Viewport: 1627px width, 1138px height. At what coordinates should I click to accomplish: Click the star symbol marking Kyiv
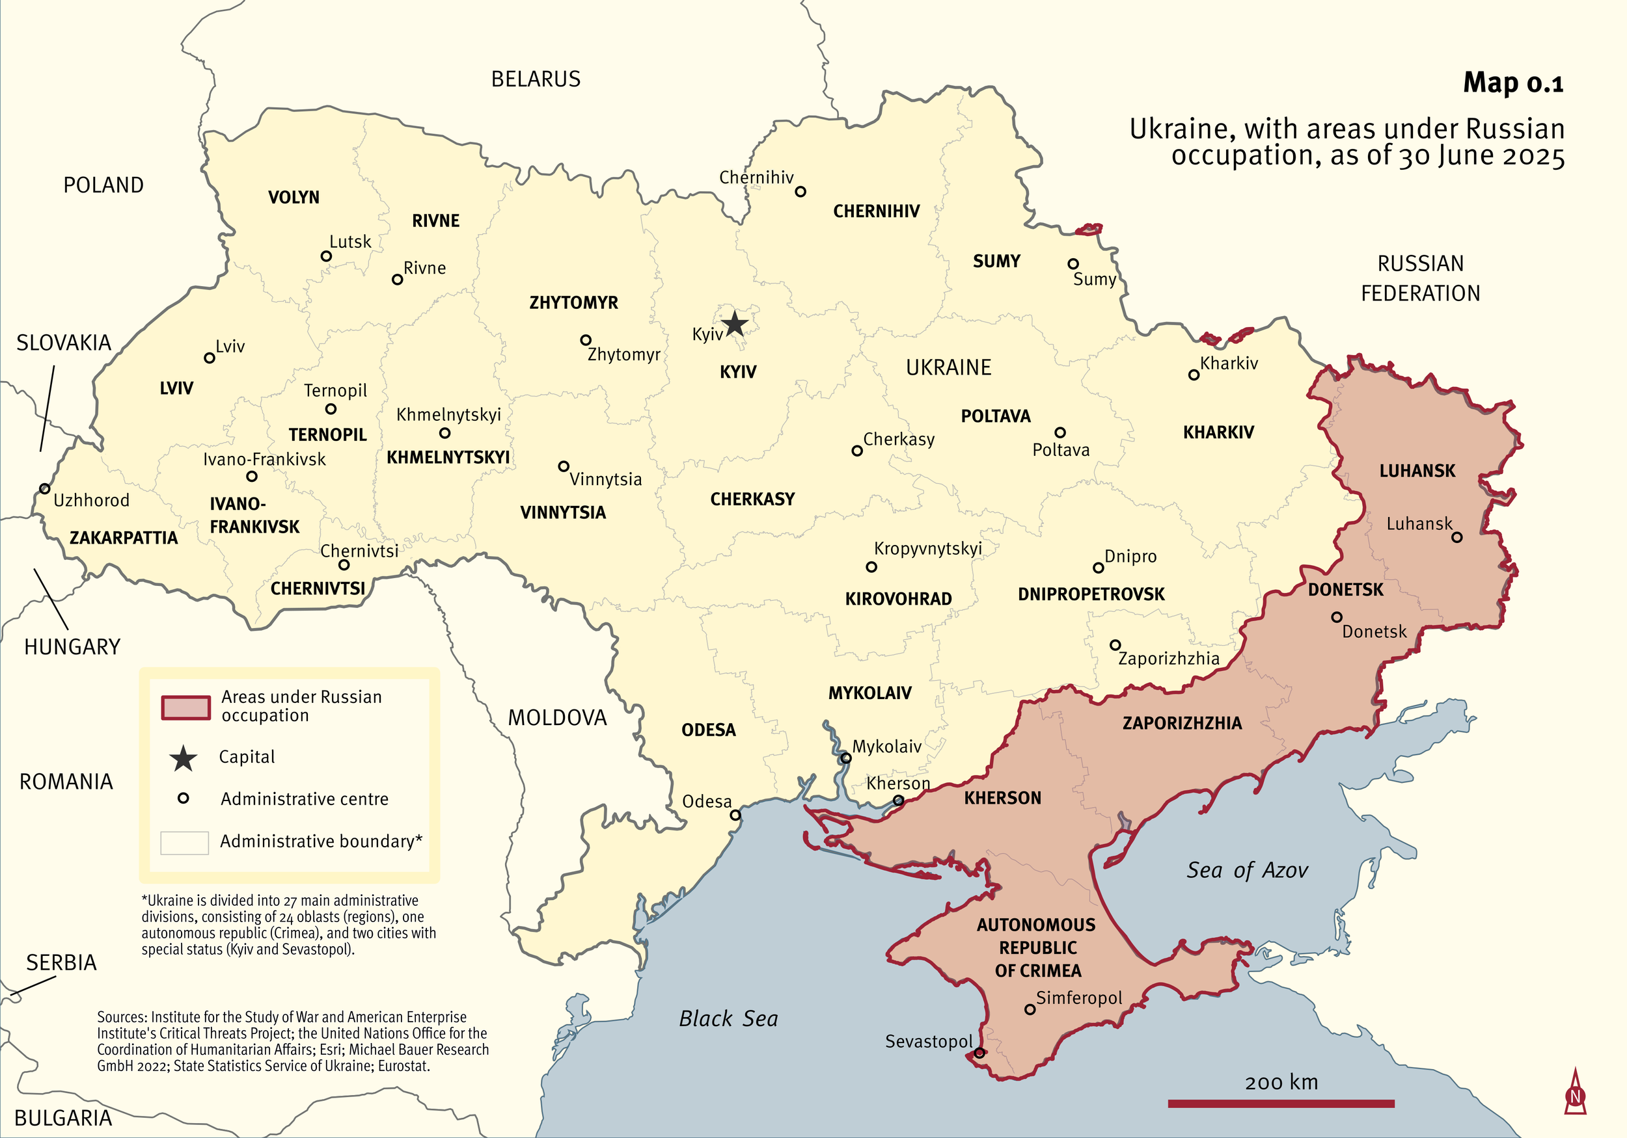[735, 324]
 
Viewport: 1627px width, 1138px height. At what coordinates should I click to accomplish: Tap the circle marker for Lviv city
[209, 358]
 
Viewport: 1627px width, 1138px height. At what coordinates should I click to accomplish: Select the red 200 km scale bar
[1281, 1104]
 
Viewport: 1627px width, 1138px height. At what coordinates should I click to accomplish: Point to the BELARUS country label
[536, 79]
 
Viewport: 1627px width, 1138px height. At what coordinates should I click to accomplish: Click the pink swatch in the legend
[185, 708]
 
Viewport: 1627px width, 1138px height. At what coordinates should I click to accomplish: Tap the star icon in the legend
[184, 758]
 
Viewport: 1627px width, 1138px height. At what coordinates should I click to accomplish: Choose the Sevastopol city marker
[979, 1053]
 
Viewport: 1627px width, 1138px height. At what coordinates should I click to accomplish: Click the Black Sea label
[728, 1019]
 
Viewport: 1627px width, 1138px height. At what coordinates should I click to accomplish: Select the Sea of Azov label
[1246, 870]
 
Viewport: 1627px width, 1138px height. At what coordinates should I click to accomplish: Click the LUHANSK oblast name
[1417, 471]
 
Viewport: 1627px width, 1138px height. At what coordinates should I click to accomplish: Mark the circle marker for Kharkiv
[1194, 375]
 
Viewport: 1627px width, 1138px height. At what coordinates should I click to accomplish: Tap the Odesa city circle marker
[735, 815]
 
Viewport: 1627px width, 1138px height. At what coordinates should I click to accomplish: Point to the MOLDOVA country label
[557, 718]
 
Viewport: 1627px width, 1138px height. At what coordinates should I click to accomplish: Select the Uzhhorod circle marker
[45, 488]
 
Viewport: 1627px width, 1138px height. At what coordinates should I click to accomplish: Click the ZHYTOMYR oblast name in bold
[573, 303]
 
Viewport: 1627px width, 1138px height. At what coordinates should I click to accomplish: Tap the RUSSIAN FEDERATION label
[1420, 278]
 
